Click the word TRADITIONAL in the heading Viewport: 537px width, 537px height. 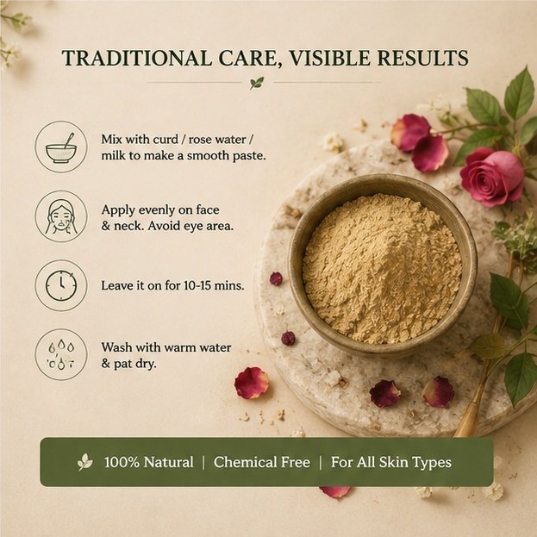tap(136, 58)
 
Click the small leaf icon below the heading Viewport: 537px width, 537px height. tap(257, 83)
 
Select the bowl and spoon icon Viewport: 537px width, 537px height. tap(61, 147)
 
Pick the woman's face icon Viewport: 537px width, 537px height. tap(61, 216)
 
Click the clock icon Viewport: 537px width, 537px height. tap(61, 285)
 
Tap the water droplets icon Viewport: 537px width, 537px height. tap(61, 354)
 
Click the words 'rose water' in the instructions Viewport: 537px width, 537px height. tap(217, 140)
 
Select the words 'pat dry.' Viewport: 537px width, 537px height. tap(135, 364)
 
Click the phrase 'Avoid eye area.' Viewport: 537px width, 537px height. tap(190, 226)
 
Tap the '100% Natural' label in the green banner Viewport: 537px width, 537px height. tap(148, 462)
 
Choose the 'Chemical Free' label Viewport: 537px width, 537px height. tap(262, 462)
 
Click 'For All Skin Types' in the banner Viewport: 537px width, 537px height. tap(391, 462)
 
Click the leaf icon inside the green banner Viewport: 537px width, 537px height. tap(85, 462)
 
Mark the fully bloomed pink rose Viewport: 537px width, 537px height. tap(492, 178)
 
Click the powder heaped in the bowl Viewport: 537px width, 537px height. tap(382, 269)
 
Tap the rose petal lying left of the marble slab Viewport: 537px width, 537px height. tap(252, 383)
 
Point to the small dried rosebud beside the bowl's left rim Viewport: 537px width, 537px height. tap(276, 278)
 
